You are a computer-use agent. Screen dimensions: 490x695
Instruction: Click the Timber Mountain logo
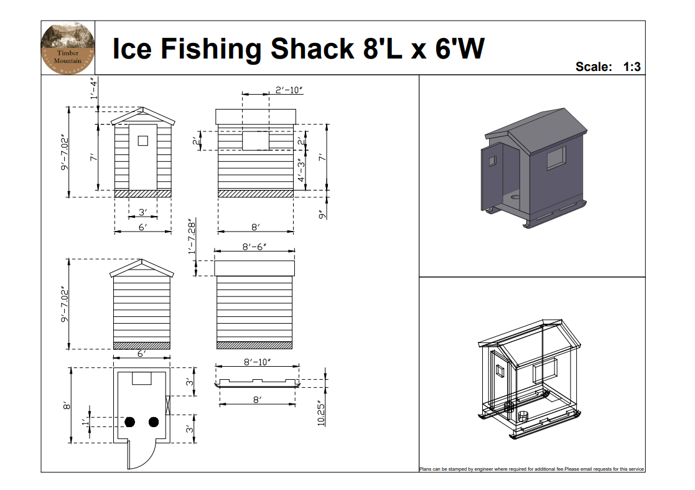(67, 48)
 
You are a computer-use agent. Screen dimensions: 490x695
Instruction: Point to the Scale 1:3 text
(608, 67)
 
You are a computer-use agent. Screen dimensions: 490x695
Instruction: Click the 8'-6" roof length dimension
(254, 247)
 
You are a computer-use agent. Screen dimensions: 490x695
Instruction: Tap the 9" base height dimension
(321, 215)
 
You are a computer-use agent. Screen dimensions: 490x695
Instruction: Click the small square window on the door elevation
(142, 141)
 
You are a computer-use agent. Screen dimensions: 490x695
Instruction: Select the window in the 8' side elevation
(255, 140)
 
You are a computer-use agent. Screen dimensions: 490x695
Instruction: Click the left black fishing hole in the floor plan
(129, 422)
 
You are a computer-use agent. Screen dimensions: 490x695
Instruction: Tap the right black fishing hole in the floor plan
(154, 422)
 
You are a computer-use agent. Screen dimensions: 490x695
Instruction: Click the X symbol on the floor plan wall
(167, 405)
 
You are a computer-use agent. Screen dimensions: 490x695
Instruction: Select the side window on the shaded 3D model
(556, 159)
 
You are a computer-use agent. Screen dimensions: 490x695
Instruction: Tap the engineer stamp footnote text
(531, 469)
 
